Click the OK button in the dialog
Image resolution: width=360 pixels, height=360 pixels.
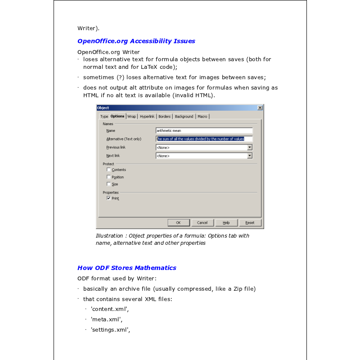pyautogui.click(x=178, y=223)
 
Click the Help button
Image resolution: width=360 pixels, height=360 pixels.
pyautogui.click(x=226, y=223)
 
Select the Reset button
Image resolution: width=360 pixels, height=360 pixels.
pyautogui.click(x=250, y=223)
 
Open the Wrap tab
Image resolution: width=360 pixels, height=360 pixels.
pyautogui.click(x=131, y=117)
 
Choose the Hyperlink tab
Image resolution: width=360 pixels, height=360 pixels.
pyautogui.click(x=147, y=117)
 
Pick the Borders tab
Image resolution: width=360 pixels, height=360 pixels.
pyautogui.click(x=164, y=117)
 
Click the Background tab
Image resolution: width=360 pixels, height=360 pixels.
pyautogui.click(x=184, y=117)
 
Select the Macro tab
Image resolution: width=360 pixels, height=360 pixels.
pyautogui.click(x=202, y=117)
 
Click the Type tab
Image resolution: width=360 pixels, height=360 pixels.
pyautogui.click(x=104, y=117)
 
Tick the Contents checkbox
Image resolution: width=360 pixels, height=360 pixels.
pyautogui.click(x=108, y=170)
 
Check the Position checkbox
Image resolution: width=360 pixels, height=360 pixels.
pyautogui.click(x=108, y=177)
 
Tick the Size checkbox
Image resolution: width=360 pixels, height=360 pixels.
pyautogui.click(x=108, y=184)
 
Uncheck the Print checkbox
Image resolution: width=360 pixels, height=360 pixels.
pyautogui.click(x=108, y=198)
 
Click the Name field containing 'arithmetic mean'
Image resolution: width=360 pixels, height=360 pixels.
pyautogui.click(x=204, y=130)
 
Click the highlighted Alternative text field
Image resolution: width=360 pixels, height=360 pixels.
pyautogui.click(x=204, y=139)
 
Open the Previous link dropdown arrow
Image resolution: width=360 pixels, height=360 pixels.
pyautogui.click(x=250, y=147)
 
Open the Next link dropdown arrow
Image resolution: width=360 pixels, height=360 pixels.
pyautogui.click(x=250, y=156)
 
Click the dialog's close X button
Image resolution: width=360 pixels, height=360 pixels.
pyautogui.click(x=260, y=108)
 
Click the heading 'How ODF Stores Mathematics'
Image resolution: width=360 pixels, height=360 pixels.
pyautogui.click(x=127, y=268)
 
